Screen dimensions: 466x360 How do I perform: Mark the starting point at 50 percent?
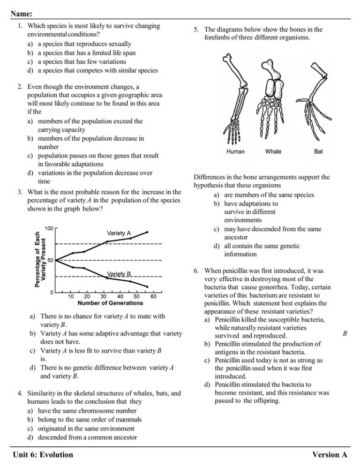(55, 260)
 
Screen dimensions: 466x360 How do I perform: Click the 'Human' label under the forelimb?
(238, 152)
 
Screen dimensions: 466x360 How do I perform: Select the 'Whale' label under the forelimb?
(273, 152)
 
